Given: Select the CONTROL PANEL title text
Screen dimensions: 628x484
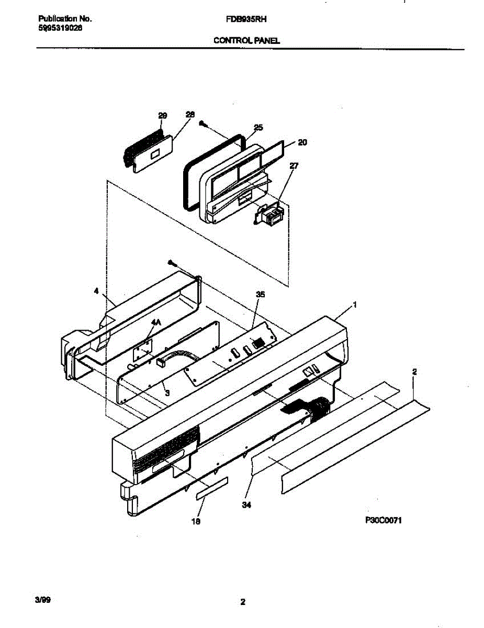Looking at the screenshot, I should [x=246, y=40].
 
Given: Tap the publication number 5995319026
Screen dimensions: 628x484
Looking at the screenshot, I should [x=60, y=28].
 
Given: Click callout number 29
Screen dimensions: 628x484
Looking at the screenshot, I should [x=162, y=115].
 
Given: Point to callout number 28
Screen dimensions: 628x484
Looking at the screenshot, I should [x=190, y=115].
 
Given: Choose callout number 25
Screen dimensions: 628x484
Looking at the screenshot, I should [x=258, y=127].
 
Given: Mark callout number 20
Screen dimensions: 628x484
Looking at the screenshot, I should [x=302, y=142].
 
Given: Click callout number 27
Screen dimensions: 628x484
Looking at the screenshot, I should [x=294, y=166].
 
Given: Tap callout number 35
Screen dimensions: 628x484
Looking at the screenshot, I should [x=260, y=295].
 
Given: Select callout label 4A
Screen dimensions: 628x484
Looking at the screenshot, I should [x=155, y=323].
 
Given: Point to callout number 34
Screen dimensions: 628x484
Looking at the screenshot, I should [x=247, y=505].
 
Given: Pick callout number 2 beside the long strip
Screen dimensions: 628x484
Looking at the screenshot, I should [x=414, y=372].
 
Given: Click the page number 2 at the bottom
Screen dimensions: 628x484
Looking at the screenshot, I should [x=242, y=602].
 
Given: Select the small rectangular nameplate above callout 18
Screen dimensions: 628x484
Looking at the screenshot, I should [x=212, y=488].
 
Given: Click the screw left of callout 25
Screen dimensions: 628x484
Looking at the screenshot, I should [x=203, y=124].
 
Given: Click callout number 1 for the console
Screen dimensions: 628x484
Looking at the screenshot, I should [x=355, y=304].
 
